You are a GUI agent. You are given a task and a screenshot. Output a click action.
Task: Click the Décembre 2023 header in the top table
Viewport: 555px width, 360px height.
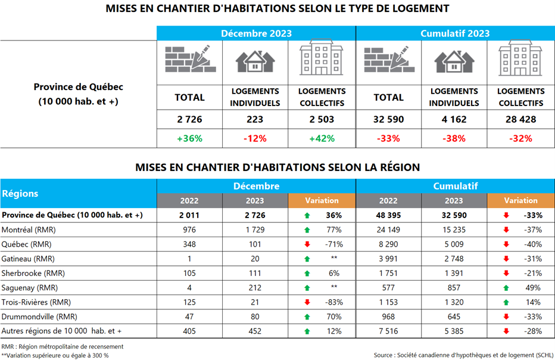tap(256, 33)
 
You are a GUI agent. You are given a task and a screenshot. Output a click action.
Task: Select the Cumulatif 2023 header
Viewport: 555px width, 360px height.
tap(455, 33)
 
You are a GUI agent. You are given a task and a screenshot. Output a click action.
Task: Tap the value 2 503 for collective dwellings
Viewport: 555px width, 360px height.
tap(322, 119)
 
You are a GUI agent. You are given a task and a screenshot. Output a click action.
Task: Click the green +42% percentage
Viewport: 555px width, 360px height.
tap(322, 138)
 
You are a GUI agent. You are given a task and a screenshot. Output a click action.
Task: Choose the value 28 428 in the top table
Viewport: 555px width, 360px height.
tap(520, 119)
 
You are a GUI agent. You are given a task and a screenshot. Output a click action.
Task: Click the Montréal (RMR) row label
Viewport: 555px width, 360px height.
tap(27, 229)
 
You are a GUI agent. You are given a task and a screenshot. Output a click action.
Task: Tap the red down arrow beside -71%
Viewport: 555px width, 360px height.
tap(307, 244)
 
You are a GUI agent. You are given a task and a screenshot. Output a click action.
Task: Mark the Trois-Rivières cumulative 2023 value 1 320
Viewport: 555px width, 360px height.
tap(454, 302)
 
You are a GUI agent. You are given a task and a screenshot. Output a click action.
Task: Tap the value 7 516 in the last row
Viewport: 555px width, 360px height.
tap(388, 331)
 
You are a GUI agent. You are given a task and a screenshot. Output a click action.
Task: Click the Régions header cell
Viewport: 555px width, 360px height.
tap(21, 193)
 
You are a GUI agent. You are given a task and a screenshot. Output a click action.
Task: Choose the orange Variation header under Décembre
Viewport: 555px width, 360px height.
tap(322, 201)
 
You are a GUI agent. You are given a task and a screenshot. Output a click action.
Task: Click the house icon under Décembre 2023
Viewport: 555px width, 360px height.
tap(255, 61)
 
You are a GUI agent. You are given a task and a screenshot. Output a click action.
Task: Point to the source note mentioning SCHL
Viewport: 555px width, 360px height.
tap(463, 355)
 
